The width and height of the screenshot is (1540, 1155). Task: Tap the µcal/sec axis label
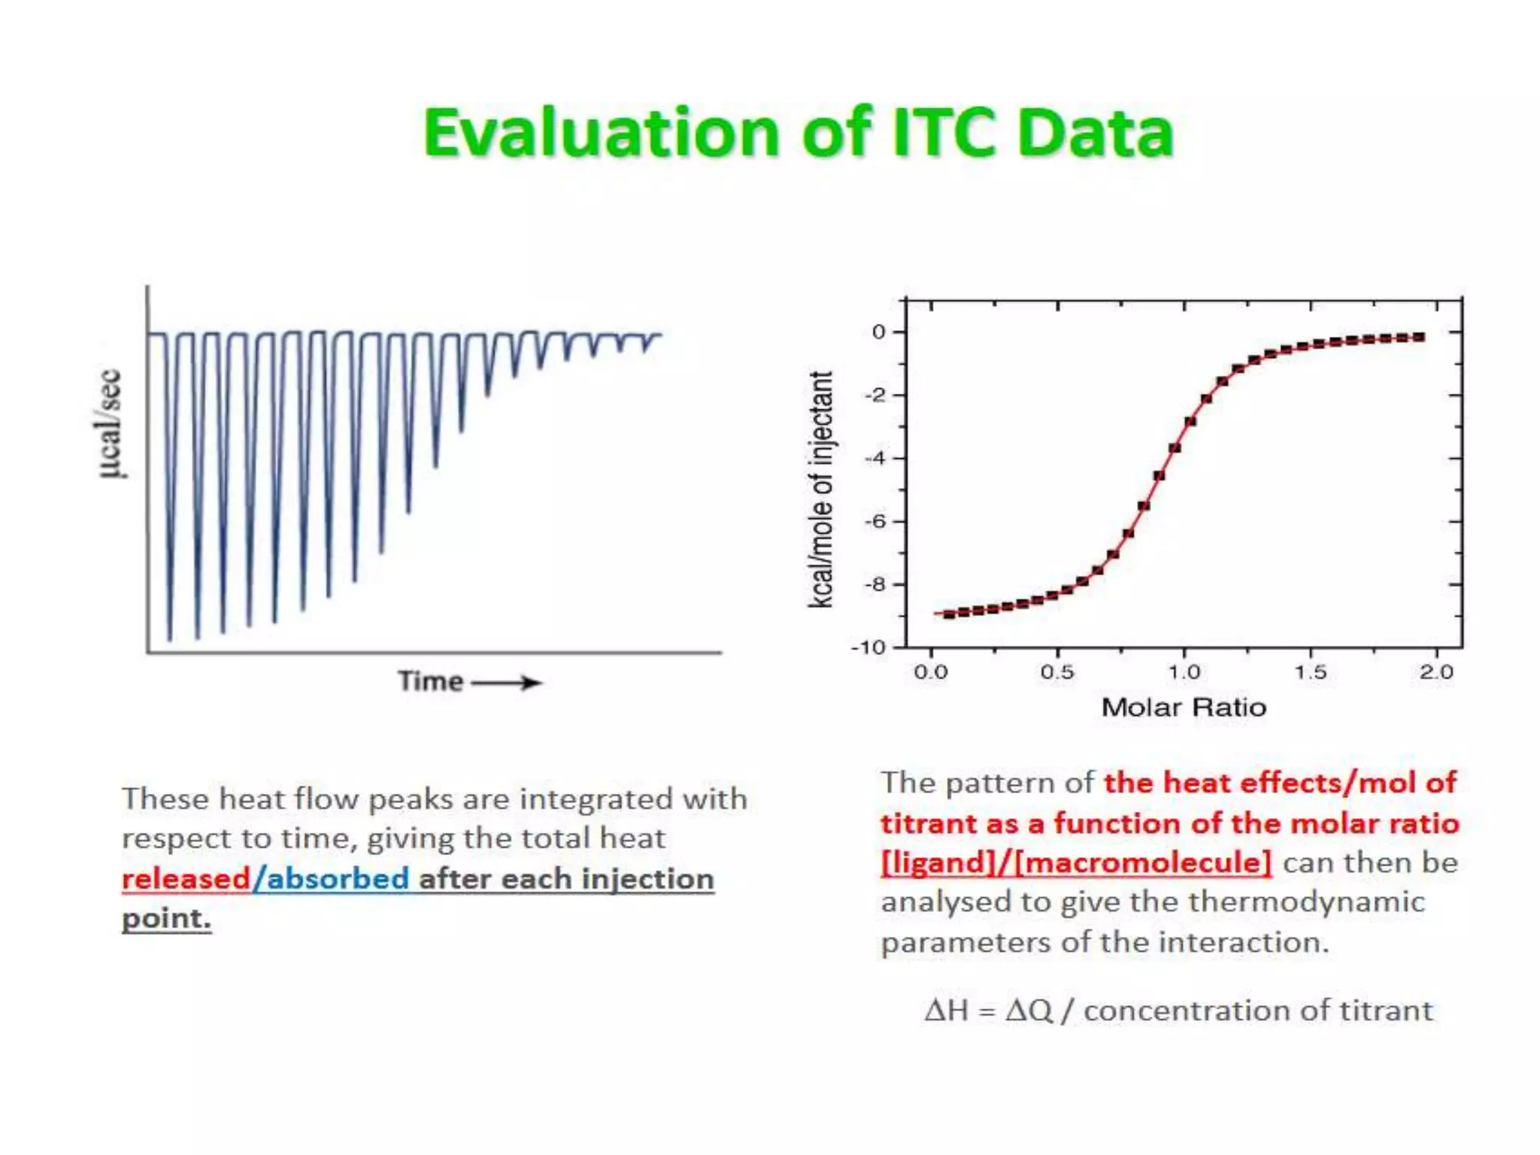(x=110, y=423)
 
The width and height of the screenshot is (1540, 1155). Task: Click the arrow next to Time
(x=506, y=683)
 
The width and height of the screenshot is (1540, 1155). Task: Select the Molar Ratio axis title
(x=1184, y=708)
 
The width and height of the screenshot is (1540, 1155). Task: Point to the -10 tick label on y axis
(x=868, y=647)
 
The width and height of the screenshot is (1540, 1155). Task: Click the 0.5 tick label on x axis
(x=1057, y=672)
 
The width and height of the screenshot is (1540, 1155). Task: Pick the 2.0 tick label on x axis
(x=1436, y=672)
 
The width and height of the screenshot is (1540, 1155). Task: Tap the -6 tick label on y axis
(x=875, y=521)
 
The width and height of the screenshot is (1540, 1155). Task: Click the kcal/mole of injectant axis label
(x=820, y=489)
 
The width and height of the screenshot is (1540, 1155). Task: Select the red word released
(x=186, y=879)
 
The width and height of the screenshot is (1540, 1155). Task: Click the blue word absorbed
(x=338, y=879)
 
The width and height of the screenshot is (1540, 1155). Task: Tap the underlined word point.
(x=166, y=919)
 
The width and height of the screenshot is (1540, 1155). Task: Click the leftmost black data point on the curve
(x=950, y=614)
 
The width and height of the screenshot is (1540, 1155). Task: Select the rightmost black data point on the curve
(x=1419, y=337)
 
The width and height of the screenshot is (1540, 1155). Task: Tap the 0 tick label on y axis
(x=878, y=332)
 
